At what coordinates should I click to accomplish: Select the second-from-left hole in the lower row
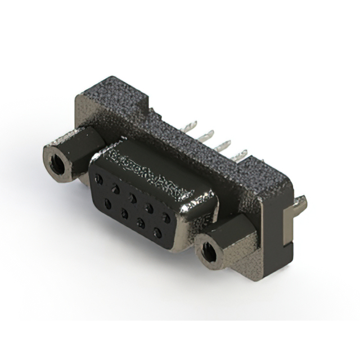point(124,213)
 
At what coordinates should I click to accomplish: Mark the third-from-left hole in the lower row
point(141,223)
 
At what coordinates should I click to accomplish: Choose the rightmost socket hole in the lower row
point(158,232)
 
